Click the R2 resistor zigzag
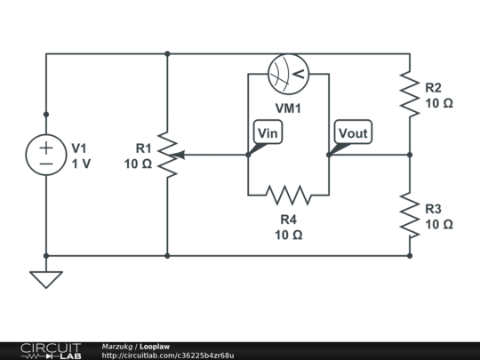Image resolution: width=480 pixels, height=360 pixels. (410, 94)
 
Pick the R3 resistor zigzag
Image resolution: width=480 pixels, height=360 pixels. (410, 215)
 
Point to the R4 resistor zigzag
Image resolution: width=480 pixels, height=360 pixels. (289, 195)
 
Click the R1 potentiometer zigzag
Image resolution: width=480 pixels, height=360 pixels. (167, 155)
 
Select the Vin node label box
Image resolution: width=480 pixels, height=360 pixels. (268, 132)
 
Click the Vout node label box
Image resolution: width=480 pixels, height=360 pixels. (353, 132)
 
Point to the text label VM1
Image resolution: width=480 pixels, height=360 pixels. (288, 108)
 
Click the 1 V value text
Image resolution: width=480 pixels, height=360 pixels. (81, 164)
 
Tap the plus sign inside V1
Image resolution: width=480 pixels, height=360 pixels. (46, 148)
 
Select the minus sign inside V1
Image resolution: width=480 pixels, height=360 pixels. (46, 164)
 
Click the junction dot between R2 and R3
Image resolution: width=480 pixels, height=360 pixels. (410, 155)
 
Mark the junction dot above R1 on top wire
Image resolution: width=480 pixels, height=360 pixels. (167, 54)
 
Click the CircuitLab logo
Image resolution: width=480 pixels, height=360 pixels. (51, 351)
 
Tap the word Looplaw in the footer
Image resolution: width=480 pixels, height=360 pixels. (155, 347)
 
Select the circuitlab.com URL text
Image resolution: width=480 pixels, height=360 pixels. (168, 356)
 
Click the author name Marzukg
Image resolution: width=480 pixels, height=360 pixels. (117, 347)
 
